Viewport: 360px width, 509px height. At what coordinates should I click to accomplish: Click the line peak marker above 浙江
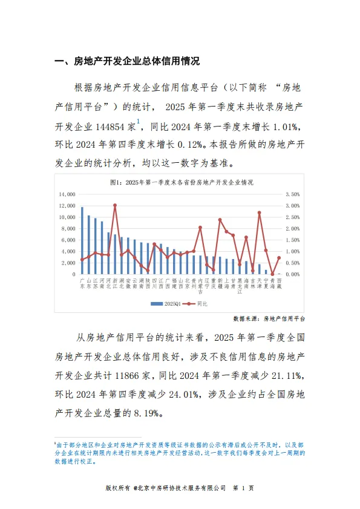(x=115, y=205)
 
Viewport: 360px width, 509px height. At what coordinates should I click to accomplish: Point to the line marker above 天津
(x=259, y=212)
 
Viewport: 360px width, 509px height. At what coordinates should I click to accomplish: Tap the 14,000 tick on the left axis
(x=67, y=194)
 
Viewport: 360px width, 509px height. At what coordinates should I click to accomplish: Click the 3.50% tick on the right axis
(x=292, y=194)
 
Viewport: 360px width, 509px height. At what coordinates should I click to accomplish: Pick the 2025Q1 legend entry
(x=167, y=303)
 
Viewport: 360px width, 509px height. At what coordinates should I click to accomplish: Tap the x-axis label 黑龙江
(x=240, y=286)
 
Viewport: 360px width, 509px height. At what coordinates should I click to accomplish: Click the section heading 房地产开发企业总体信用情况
(x=136, y=61)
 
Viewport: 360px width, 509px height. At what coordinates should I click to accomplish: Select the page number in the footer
(x=243, y=488)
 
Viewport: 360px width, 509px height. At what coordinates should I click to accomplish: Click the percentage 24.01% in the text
(x=184, y=395)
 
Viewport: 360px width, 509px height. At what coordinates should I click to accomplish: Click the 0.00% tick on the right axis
(x=292, y=274)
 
